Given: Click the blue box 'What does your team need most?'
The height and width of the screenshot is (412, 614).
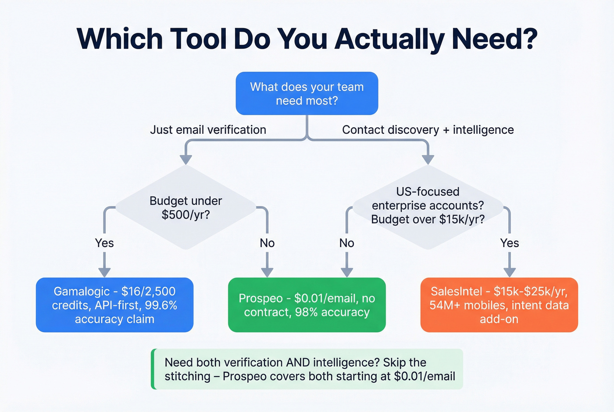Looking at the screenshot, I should pos(307,93).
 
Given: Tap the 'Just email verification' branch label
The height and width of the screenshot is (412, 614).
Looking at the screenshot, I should pos(208,130).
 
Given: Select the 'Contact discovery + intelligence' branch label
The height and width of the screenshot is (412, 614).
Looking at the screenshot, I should pos(428,130).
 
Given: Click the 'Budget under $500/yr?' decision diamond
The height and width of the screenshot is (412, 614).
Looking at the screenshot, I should pos(186,208).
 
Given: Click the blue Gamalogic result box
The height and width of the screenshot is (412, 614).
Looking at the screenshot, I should pos(114,305).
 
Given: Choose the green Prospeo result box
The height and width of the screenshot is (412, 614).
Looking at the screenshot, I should pos(307,305).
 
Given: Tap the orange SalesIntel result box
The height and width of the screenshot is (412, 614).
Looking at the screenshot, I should pos(499,305).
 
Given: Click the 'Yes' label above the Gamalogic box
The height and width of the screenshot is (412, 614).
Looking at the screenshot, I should pos(104,243).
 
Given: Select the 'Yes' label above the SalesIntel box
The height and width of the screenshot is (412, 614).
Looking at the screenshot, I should pos(509,243).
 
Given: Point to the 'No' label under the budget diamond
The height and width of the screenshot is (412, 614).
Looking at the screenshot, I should pos(267,243).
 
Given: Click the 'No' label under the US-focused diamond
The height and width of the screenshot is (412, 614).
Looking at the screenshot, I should pos(346,243).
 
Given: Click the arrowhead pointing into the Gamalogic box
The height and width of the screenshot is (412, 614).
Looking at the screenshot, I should pos(104,272).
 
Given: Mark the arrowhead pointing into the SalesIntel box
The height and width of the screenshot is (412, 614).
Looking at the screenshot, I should pos(509,272).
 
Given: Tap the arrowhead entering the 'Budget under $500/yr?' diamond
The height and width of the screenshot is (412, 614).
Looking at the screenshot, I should pos(186,159).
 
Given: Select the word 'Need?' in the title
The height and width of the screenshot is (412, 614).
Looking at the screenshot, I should pos(494,39).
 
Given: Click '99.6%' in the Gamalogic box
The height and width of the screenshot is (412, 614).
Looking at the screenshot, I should pos(161,305).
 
